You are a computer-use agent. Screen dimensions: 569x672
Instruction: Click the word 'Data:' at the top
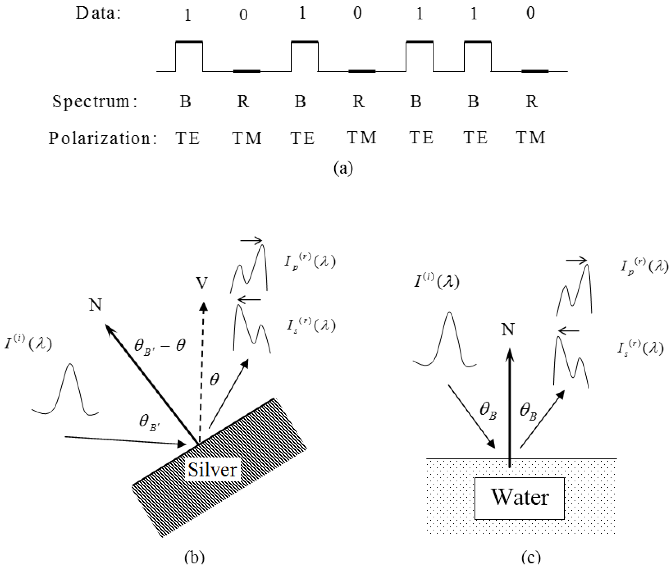98,13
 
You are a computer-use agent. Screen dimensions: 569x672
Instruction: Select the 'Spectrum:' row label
95,101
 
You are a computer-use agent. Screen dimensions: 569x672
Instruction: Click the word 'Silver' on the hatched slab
212,470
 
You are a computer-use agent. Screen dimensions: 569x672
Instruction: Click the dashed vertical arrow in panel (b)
202,371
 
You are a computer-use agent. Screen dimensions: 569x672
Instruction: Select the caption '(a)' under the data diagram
343,168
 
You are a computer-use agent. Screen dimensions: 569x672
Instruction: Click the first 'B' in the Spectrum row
185,101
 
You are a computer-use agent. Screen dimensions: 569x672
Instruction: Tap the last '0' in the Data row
530,13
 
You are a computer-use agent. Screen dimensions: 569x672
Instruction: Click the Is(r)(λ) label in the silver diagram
311,325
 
